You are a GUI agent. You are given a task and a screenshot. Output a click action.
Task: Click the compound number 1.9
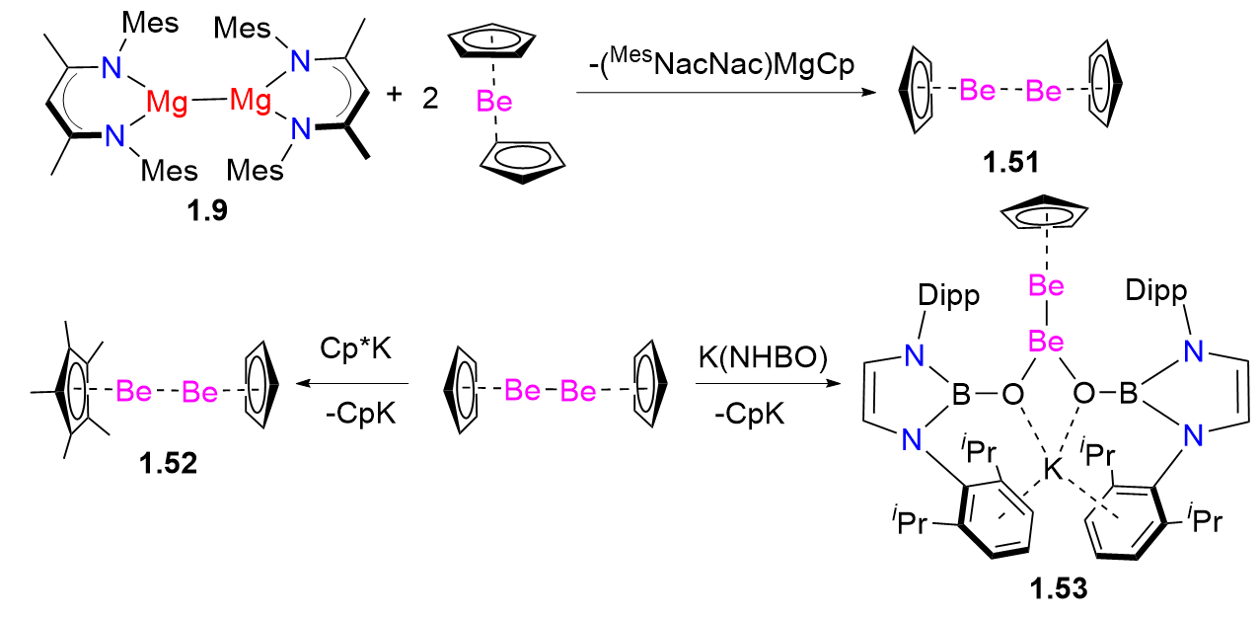tap(206, 211)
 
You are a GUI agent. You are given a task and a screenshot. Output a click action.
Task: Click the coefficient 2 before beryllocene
tap(430, 100)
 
